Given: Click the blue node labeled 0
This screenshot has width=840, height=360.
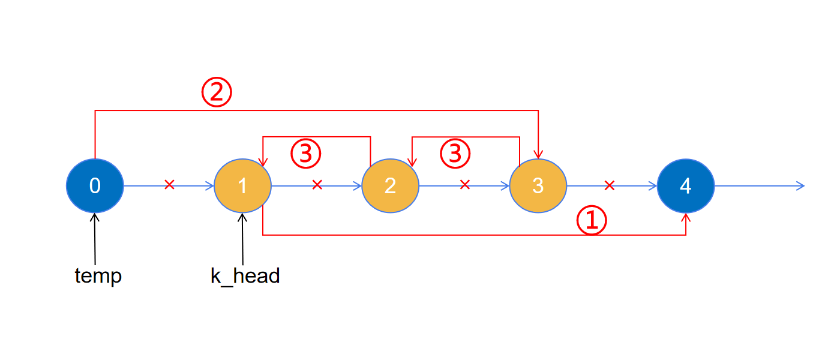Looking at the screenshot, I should (95, 186).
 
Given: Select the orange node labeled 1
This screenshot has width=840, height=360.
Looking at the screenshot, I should (242, 186).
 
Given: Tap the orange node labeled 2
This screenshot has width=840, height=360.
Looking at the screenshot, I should (390, 186).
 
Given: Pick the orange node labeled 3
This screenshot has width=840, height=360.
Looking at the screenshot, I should (538, 186).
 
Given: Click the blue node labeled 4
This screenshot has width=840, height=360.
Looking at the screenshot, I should (685, 186).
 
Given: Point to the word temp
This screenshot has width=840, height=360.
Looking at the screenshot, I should (98, 276).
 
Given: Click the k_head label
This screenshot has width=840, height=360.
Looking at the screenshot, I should (245, 276).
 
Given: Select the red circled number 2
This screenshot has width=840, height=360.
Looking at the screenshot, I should (216, 93).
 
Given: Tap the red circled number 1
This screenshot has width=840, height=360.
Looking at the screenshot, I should (592, 221).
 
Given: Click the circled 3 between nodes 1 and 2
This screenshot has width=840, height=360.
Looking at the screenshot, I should (306, 154).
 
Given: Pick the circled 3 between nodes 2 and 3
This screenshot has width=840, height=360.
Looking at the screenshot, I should (455, 154).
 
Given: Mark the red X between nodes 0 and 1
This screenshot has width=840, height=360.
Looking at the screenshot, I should (169, 185).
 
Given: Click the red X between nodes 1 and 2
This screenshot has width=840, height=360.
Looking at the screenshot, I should (317, 185).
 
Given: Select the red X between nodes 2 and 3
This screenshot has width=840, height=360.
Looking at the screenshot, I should (464, 185).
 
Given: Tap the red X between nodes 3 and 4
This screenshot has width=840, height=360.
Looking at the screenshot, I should (610, 185).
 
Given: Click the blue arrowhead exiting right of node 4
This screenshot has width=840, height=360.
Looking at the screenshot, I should (800, 186).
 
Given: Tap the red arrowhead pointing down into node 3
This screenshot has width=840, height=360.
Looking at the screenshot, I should (538, 154).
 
